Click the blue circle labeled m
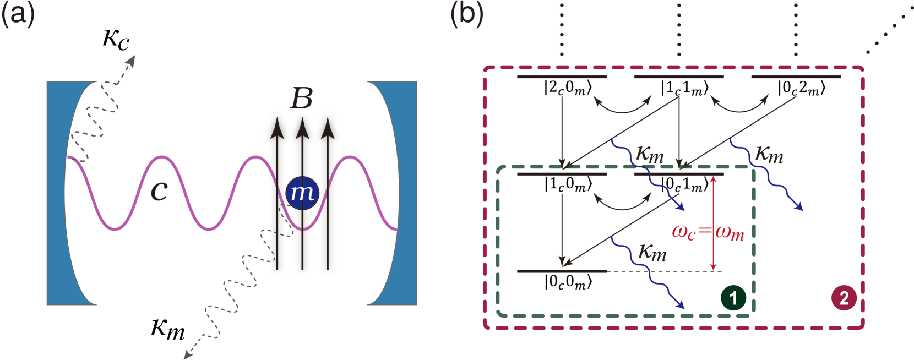tap(302, 193)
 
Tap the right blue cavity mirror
tap(407, 193)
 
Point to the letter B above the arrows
tap(302, 99)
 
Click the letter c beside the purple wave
tap(159, 190)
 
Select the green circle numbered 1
tap(733, 298)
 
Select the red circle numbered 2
tap(844, 298)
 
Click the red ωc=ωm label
tap(708, 232)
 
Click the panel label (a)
tap(18, 13)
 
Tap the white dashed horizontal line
tap(665, 271)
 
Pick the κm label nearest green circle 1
tap(652, 253)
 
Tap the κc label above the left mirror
tap(116, 39)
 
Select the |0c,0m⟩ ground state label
tap(568, 282)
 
